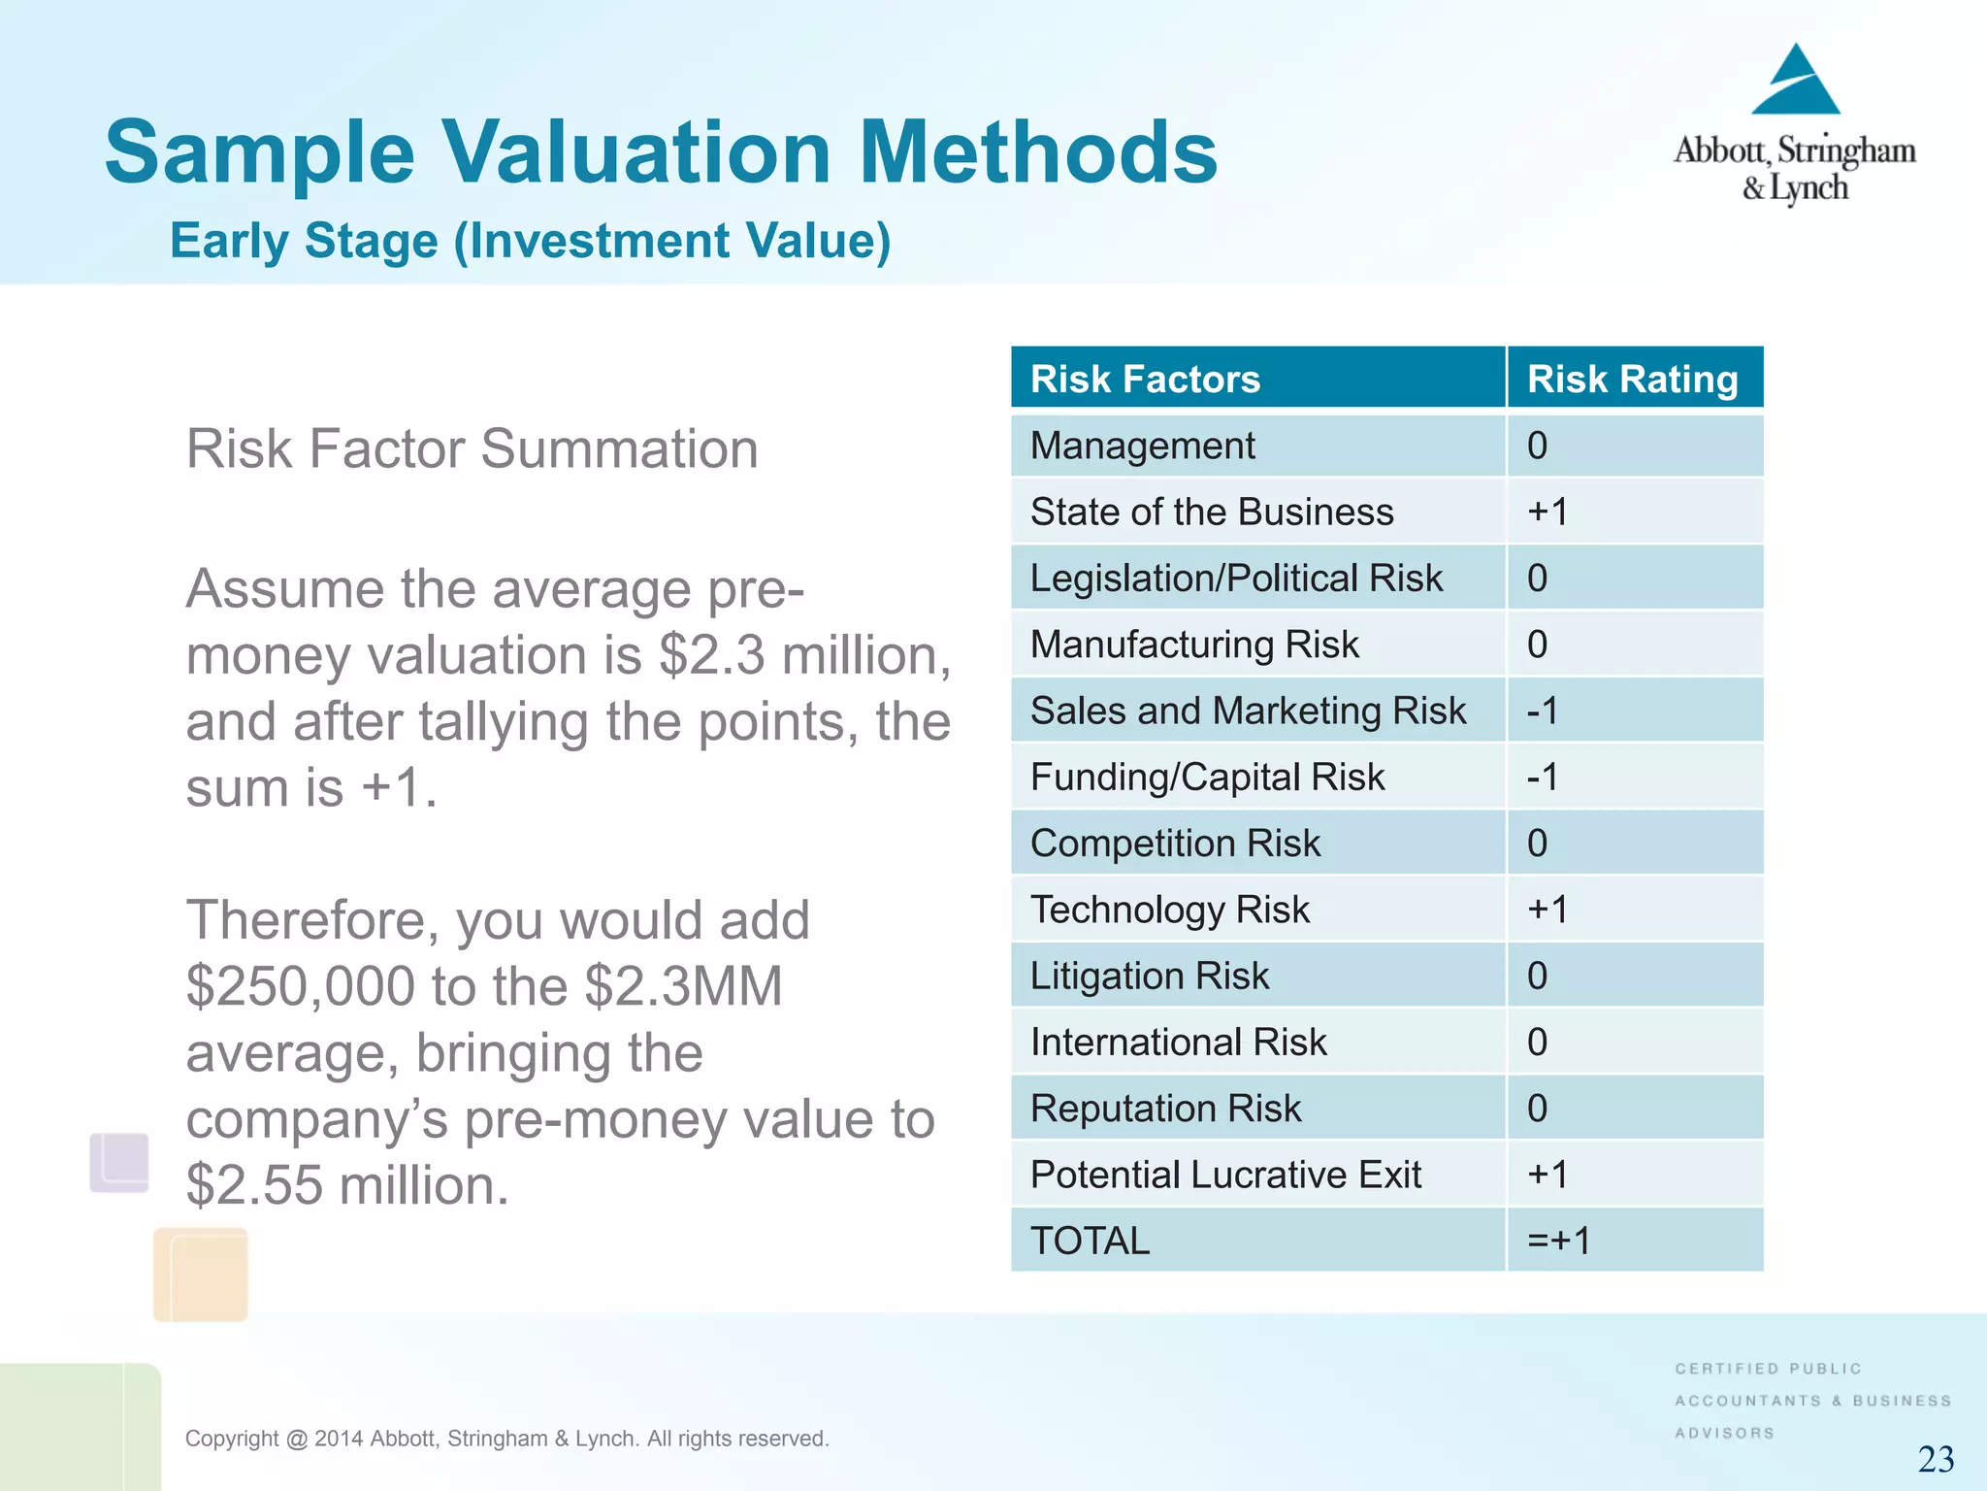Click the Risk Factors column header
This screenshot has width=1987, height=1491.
coord(1145,379)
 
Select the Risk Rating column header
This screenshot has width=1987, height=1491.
coord(1632,379)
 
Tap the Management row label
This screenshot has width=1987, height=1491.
coord(1142,446)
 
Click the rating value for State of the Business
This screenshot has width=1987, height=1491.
coord(1547,512)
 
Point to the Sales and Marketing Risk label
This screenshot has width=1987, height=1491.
coord(1248,711)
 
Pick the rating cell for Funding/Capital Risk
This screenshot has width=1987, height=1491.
coord(1543,777)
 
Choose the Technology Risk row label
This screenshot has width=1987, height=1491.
coord(1169,910)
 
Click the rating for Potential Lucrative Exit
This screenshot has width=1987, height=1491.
coord(1547,1175)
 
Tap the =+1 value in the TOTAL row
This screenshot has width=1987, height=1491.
coord(1559,1241)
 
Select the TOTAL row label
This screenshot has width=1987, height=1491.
coord(1090,1241)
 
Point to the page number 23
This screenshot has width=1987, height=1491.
coord(1936,1459)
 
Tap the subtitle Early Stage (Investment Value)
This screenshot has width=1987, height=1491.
coord(530,241)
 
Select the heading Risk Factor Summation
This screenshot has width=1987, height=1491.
coord(472,448)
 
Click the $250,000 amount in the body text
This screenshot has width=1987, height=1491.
coord(301,986)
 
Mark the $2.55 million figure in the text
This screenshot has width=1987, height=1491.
coord(346,1185)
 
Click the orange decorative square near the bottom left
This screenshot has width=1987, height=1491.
coord(201,1274)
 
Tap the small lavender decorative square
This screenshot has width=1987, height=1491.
coord(119,1162)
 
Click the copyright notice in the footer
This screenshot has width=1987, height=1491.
coord(506,1439)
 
